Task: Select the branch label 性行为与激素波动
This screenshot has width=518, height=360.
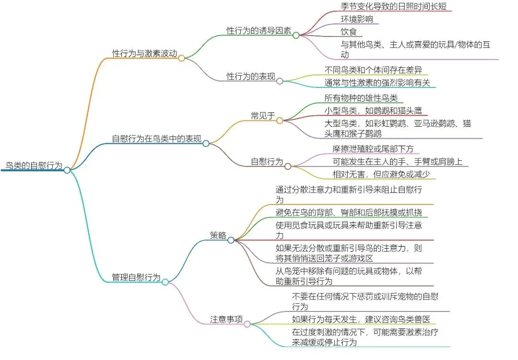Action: pyautogui.click(x=143, y=53)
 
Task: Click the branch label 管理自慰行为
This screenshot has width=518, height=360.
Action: pyautogui.click(x=136, y=277)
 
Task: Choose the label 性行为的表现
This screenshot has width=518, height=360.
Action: pyautogui.click(x=251, y=76)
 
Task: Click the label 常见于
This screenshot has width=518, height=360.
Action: pyautogui.click(x=263, y=115)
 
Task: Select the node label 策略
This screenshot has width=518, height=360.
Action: pyautogui.click(x=218, y=235)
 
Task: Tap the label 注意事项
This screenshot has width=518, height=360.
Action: pyautogui.click(x=226, y=319)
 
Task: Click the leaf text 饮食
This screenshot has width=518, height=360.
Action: pyautogui.click(x=348, y=32)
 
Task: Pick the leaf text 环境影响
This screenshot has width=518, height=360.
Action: pyautogui.click(x=357, y=19)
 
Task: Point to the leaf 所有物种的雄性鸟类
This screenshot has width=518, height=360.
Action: pyautogui.click(x=361, y=98)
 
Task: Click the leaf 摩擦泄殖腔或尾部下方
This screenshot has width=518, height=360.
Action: pyautogui.click(x=373, y=149)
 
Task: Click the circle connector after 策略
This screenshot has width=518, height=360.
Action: pyautogui.click(x=231, y=240)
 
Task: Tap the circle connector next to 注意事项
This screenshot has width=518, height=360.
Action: pyautogui.click(x=247, y=324)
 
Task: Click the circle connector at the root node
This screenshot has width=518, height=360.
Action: pyautogui.click(x=67, y=170)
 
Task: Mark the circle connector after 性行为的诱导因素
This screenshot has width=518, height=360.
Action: pyautogui.click(x=296, y=35)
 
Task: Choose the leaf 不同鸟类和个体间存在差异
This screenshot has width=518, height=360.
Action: pyautogui.click(x=373, y=70)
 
